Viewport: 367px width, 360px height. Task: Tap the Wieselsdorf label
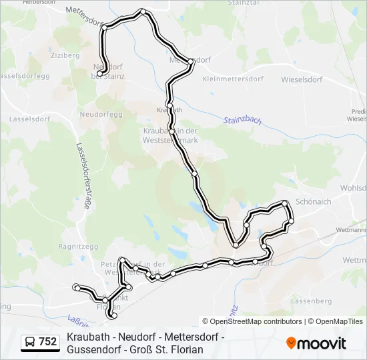[x=301, y=79]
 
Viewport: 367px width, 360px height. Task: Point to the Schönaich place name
[x=314, y=201]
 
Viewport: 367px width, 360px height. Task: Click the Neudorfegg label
[x=99, y=114]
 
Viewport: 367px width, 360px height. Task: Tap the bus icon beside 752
[x=30, y=342]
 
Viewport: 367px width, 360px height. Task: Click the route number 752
[x=47, y=342]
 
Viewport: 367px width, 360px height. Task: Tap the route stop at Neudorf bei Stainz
[x=99, y=74]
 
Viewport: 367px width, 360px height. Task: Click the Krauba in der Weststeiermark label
[x=170, y=135]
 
